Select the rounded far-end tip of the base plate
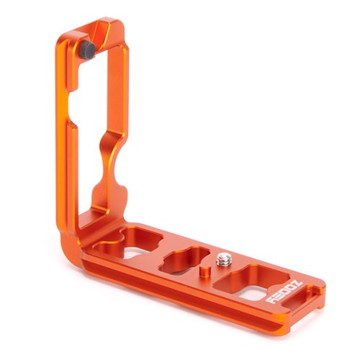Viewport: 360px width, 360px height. [x=320, y=292]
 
